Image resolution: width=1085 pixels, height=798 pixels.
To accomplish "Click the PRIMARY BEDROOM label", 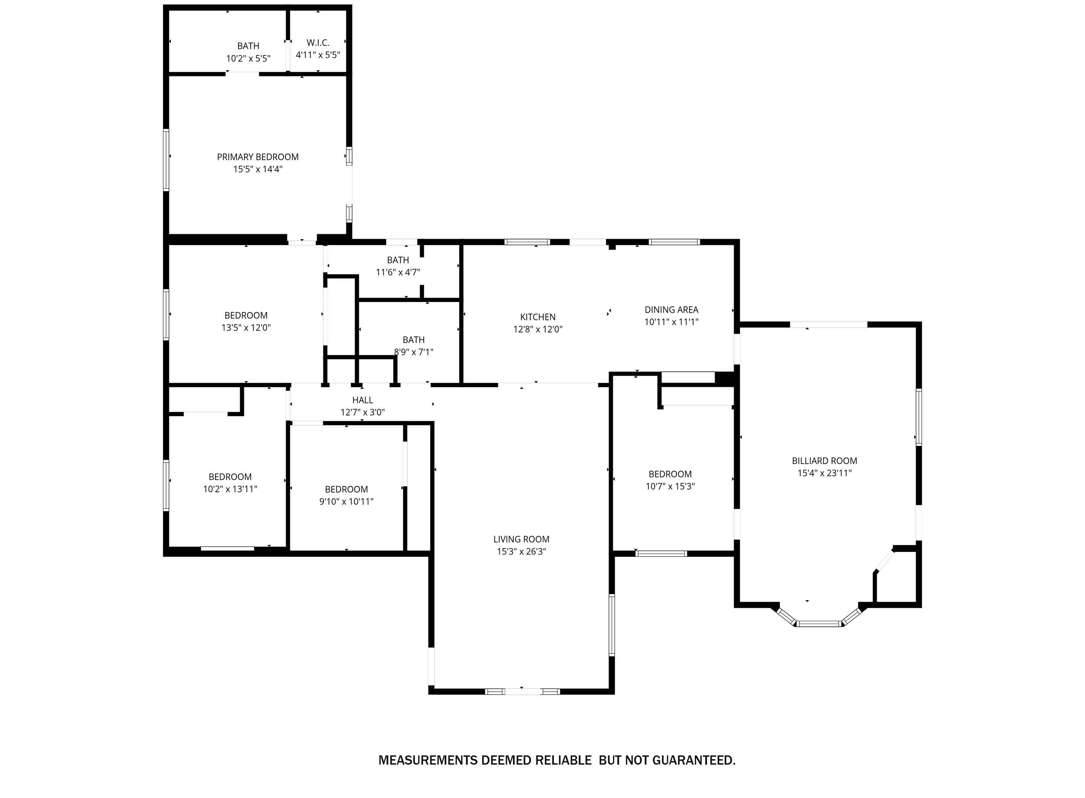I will point(257,157).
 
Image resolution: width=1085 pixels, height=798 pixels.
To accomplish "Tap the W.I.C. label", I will point(318,43).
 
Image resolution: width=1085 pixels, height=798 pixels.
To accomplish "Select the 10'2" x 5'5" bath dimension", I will point(248,58).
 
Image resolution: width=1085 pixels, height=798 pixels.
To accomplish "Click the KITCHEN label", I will point(538,317).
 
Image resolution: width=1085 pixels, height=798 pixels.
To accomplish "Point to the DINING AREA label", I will point(671,310).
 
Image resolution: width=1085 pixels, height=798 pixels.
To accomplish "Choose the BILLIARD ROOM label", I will point(824,461).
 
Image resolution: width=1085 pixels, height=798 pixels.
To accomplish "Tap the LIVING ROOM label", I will point(521,539).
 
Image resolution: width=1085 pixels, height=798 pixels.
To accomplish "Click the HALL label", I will point(362,400).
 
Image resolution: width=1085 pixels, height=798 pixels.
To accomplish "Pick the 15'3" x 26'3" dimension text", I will point(521,551).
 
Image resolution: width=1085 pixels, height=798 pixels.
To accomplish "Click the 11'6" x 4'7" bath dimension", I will point(398,272).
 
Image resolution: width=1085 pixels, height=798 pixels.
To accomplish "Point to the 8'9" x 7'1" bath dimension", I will point(413,352).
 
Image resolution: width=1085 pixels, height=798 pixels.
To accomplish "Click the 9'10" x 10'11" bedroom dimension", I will point(346,501).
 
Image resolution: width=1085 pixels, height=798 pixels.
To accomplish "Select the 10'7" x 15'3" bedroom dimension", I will point(670,487).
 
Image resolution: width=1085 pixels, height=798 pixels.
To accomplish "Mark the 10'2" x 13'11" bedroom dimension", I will point(230,489).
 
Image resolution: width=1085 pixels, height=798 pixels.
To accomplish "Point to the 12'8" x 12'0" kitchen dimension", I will point(538,329).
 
